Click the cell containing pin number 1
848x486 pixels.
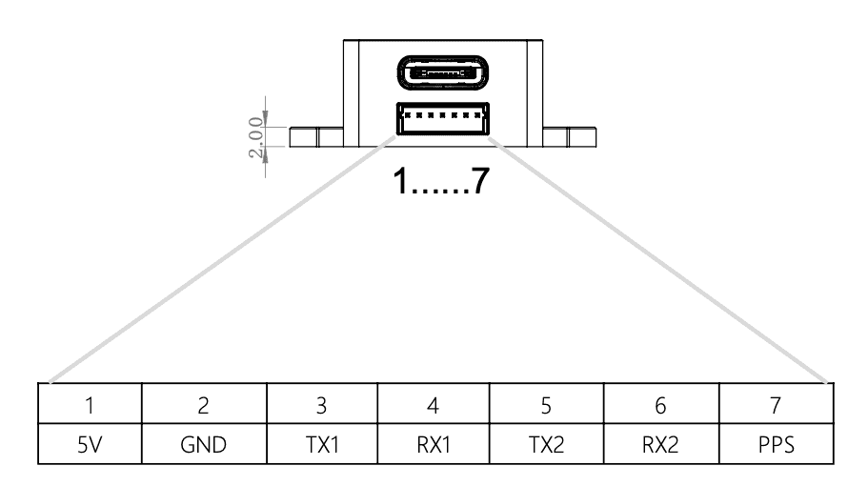90,405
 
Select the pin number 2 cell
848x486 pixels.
204,405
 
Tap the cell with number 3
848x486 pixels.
322,405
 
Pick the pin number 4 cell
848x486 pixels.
433,405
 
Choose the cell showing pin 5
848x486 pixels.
546,405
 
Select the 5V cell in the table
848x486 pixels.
90,446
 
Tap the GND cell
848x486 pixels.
204,446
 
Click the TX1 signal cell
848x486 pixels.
322,446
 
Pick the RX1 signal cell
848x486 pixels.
433,446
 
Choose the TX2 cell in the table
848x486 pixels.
546,446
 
